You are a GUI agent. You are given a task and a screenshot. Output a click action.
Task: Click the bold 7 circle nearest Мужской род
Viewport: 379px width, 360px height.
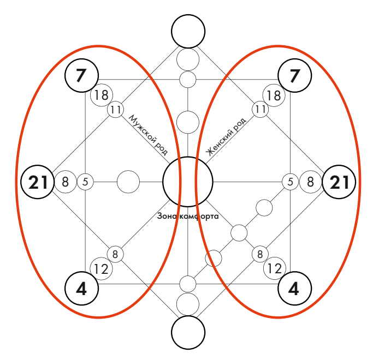coord(81,75)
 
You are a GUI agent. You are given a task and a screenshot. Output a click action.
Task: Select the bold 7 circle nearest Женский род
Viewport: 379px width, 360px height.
coord(295,75)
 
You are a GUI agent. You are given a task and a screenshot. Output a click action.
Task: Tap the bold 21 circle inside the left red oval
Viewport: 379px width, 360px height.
coord(38,182)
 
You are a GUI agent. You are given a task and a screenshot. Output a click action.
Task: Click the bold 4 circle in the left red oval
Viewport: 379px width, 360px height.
coord(81,287)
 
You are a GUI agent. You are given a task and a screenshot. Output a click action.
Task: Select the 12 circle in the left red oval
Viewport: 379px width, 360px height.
coord(101,268)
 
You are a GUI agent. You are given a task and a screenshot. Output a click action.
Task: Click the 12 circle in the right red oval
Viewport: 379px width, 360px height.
coord(275,268)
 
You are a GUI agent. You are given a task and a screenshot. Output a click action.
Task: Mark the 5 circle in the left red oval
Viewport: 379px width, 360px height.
coord(86,182)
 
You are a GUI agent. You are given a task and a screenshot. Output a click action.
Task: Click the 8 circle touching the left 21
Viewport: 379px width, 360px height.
coord(65,182)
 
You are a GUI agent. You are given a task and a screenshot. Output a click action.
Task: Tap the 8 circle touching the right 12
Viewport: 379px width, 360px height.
coord(260,254)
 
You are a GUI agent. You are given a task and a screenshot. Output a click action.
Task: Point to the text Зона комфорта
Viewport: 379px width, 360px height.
coord(188,216)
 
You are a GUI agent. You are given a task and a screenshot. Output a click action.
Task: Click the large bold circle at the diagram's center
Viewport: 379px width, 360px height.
coord(188,182)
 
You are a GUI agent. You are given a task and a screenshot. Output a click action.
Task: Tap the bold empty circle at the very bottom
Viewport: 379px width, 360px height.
coord(188,332)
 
